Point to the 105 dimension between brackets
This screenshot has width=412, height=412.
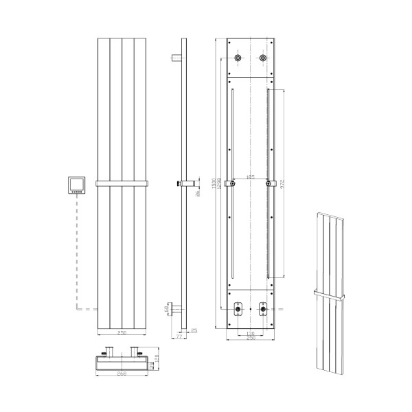[251, 177]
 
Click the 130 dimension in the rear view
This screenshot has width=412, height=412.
[251, 332]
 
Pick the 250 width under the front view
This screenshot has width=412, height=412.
[121, 332]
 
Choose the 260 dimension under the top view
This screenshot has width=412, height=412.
[121, 374]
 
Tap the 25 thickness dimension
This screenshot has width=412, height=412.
[194, 331]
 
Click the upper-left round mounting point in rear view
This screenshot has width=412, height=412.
[238, 59]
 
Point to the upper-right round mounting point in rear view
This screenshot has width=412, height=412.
[264, 59]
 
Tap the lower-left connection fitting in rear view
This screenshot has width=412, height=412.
[238, 308]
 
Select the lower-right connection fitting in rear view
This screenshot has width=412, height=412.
[263, 308]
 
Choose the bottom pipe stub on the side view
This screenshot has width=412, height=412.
[174, 308]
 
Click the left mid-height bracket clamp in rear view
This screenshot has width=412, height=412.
[233, 183]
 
